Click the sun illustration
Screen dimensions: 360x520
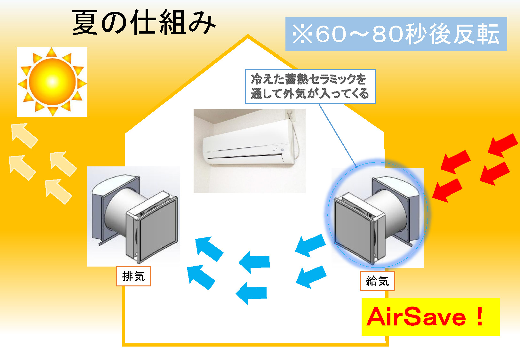coord(52,82)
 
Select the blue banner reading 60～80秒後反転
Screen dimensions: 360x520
coord(396,34)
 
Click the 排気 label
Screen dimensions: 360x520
coord(133,276)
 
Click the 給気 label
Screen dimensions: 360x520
coord(378,281)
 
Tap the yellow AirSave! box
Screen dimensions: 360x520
coord(430,317)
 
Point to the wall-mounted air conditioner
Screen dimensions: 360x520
coord(248,144)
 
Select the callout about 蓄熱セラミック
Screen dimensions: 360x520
coord(310,86)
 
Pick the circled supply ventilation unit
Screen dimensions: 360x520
coord(378,214)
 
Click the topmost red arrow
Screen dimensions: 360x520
coord(503,145)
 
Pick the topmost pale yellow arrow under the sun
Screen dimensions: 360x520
coord(24,135)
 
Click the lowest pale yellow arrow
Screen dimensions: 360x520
coord(58,191)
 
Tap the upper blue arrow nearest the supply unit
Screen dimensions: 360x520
coord(310,245)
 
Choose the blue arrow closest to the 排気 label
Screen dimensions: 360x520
coord(201,277)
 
